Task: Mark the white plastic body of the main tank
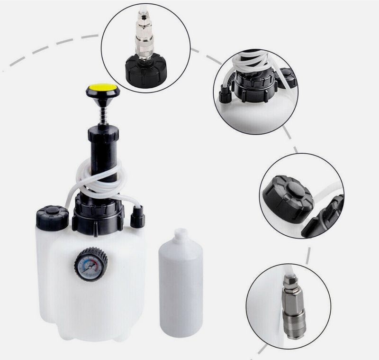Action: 66,285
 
